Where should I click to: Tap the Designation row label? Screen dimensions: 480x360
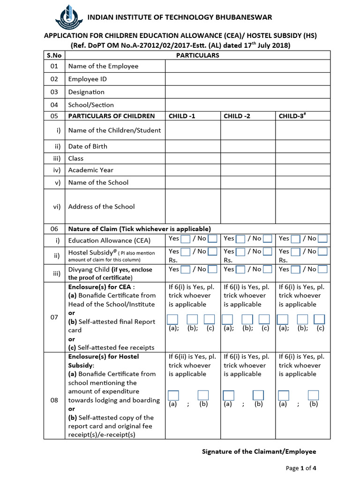[86, 92]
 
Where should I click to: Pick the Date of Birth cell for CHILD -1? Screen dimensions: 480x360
[193, 146]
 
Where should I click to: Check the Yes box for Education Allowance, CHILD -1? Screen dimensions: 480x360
[186, 239]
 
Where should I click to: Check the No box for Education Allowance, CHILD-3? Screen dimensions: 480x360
[322, 239]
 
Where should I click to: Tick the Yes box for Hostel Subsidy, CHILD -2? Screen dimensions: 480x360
[240, 252]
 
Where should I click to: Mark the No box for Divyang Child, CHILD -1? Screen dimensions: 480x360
[212, 270]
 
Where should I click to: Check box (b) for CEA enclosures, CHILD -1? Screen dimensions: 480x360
[192, 320]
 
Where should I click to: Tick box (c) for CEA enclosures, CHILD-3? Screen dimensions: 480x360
[320, 320]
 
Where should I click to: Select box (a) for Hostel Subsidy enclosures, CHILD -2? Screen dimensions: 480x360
[228, 395]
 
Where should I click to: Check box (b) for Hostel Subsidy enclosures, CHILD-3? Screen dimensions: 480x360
[313, 395]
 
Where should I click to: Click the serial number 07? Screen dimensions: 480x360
[55, 317]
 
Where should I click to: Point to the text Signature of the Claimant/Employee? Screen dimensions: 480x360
[259, 452]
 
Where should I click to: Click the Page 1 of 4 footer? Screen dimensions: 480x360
[301, 468]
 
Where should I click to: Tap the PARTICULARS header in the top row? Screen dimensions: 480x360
[197, 55]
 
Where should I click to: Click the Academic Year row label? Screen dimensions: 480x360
[91, 170]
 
